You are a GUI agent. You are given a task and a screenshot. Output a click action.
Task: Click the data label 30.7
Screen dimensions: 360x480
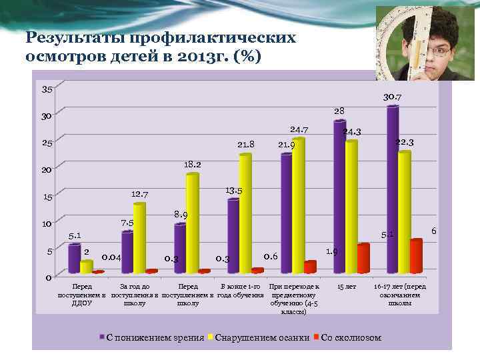(392, 97)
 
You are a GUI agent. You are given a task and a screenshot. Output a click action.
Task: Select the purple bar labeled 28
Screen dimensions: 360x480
(339, 197)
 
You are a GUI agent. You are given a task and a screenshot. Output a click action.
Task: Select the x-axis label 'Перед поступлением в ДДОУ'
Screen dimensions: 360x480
(83, 295)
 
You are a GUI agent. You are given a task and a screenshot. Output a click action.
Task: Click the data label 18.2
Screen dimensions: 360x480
(193, 163)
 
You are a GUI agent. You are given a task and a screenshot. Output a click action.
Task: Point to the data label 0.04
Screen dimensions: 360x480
(111, 257)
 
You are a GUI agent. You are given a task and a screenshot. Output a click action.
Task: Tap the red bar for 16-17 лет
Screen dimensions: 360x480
(416, 257)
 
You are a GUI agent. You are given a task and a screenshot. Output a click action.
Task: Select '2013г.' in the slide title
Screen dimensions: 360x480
(199, 57)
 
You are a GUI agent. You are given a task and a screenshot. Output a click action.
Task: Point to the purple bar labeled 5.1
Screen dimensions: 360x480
(73, 259)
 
